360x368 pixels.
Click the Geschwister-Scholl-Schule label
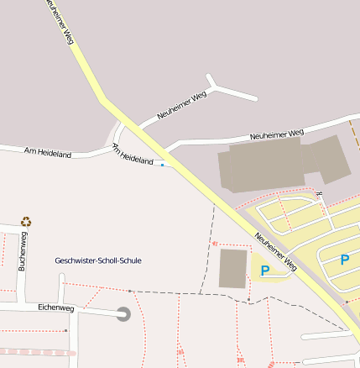[98, 260]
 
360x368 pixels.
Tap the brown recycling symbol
[26, 222]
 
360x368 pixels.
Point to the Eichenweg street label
[56, 308]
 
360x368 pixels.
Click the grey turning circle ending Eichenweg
[123, 314]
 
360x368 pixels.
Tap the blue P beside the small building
[265, 271]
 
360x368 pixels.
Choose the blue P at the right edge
[344, 260]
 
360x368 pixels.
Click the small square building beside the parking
[233, 268]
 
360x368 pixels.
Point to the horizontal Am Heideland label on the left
[49, 153]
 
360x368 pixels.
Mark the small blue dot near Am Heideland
[162, 165]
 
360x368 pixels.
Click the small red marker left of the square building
[215, 244]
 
